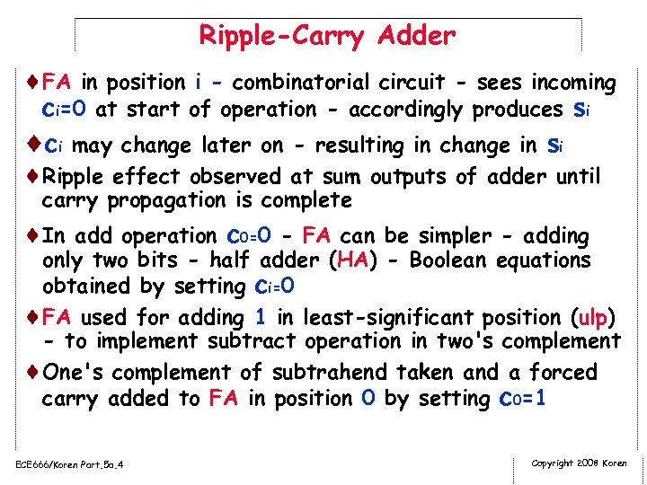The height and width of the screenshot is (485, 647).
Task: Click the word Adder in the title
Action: tap(417, 36)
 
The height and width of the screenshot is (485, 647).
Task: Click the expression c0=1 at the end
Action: tap(520, 399)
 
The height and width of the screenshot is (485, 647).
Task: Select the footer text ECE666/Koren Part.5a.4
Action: tap(69, 464)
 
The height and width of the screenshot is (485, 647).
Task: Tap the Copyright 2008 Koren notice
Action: tap(580, 463)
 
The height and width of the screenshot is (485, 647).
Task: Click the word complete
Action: tap(307, 199)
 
